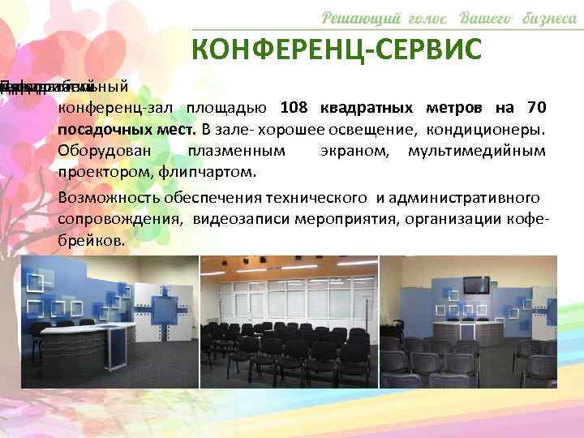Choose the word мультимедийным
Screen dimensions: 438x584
tap(476, 151)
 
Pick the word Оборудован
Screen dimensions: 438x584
tap(98, 151)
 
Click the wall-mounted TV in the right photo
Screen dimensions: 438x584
tap(475, 285)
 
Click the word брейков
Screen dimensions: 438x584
tap(92, 241)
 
